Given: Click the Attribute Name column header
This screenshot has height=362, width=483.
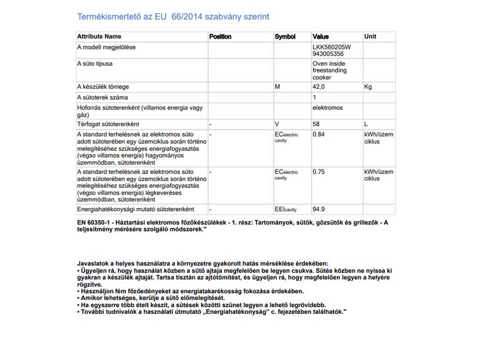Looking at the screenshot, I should (99, 37).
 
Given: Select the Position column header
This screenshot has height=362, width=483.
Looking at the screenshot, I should (220, 37).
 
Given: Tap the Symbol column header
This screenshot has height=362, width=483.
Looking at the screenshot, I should (285, 37).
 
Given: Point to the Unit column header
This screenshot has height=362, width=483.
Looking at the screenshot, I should (370, 37).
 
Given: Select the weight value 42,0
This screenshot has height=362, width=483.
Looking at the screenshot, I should (319, 87).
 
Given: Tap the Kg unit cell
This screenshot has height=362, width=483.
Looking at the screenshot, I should (368, 87).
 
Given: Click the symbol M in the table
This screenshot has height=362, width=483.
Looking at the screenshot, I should (277, 87).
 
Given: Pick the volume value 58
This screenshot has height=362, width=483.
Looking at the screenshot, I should (316, 124).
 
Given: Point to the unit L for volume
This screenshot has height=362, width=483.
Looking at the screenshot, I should (366, 124).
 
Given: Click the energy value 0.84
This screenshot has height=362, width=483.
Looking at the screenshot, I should (319, 134).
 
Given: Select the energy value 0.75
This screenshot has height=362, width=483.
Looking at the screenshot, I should (319, 171).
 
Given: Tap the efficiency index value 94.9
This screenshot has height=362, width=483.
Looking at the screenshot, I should (319, 209).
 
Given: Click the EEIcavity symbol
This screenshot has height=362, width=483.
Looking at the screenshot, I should (286, 209).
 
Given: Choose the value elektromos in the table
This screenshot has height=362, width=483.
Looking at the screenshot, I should (328, 108).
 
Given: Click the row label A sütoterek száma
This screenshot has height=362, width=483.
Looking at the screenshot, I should (102, 97).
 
